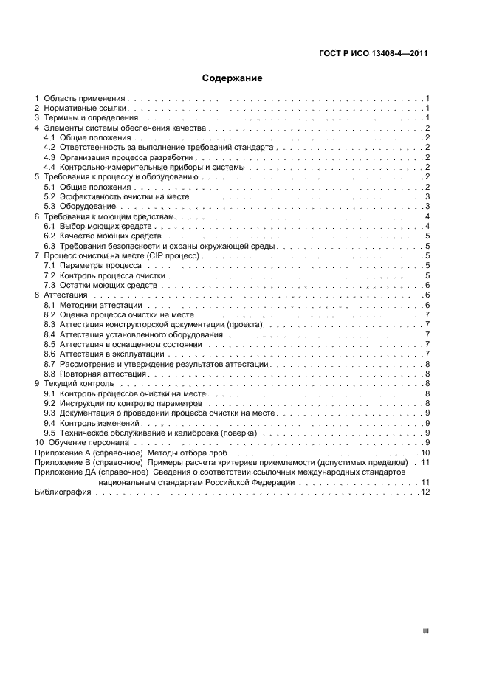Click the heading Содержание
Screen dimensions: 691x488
point(233,78)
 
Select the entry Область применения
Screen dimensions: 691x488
point(86,98)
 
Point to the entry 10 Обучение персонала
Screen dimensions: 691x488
point(86,442)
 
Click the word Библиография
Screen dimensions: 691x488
point(63,492)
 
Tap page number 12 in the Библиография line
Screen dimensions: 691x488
point(425,492)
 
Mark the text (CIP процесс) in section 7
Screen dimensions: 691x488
point(171,255)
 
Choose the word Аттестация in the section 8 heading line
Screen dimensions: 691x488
point(66,295)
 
